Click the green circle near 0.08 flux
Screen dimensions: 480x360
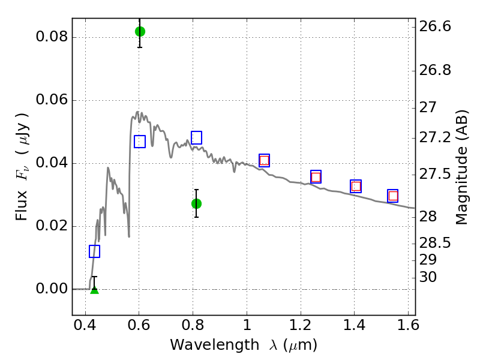[x=140, y=31]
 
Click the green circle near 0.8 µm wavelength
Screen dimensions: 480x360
[x=196, y=203]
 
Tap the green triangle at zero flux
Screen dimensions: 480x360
[x=95, y=290]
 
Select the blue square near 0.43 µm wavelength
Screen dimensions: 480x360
[x=94, y=251]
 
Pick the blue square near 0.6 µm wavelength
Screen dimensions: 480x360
[x=140, y=142]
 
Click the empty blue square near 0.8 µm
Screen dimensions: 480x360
[x=196, y=137]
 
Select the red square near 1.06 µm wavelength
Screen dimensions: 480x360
[x=264, y=160]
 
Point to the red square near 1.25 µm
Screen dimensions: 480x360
[x=316, y=177]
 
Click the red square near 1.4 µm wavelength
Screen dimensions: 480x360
[x=356, y=186]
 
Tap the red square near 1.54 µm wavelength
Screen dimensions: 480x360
[x=393, y=196]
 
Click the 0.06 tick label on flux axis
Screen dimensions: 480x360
[x=52, y=100]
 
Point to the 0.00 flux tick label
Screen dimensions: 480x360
[x=52, y=289]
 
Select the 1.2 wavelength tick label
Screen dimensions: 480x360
[x=301, y=325]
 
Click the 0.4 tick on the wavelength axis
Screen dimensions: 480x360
[x=85, y=325]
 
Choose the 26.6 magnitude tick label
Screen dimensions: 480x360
[x=435, y=26]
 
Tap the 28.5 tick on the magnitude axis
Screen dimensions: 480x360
[x=435, y=243]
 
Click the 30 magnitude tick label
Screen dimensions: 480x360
[x=428, y=277]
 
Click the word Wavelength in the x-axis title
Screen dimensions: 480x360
[x=215, y=345]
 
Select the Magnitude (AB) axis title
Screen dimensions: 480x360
[x=461, y=167]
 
